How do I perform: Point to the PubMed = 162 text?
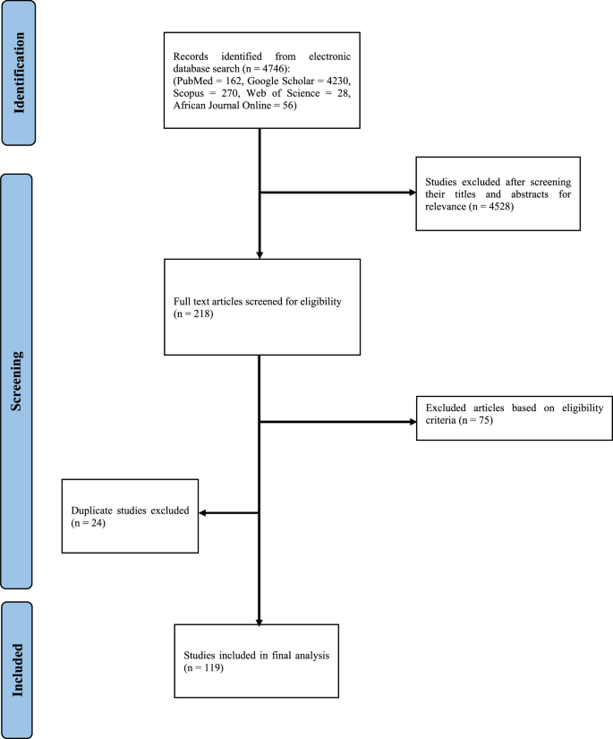[216, 78]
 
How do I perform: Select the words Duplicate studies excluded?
[130, 511]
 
